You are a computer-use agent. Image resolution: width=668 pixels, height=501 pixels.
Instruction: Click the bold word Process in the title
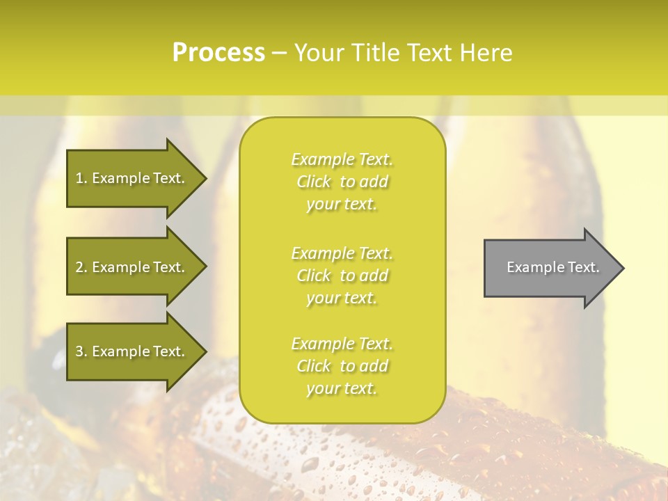[218, 53]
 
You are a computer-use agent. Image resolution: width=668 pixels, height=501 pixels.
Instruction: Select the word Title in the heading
[376, 53]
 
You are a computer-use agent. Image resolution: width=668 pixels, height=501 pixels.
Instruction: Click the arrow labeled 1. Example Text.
[130, 178]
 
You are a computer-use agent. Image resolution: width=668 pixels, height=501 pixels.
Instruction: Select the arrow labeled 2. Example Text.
[130, 267]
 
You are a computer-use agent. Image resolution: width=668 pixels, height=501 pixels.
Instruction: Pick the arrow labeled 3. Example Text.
[130, 351]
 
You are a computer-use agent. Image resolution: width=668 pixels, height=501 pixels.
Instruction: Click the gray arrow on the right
[550, 268]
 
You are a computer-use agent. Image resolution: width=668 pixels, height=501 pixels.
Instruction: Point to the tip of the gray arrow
[621, 268]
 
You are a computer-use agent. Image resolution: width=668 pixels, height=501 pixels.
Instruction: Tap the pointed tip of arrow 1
[204, 178]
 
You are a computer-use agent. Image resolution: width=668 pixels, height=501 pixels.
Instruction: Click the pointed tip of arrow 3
[204, 351]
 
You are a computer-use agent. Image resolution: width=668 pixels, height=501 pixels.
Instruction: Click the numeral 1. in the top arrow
[81, 178]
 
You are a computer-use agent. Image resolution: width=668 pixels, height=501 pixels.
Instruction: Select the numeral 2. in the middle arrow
[81, 267]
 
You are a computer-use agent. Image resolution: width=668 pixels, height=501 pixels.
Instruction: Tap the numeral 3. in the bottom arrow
[81, 351]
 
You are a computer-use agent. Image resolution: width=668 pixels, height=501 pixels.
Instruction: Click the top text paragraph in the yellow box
[342, 182]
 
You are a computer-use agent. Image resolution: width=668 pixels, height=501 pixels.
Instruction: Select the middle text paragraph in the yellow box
[342, 276]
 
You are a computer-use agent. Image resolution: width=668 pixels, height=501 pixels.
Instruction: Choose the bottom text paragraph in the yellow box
[342, 366]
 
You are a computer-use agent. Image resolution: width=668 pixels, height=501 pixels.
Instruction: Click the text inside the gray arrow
[552, 267]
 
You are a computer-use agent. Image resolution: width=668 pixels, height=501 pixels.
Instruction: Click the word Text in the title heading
[431, 53]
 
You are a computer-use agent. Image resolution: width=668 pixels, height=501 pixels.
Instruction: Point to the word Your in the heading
[319, 53]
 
